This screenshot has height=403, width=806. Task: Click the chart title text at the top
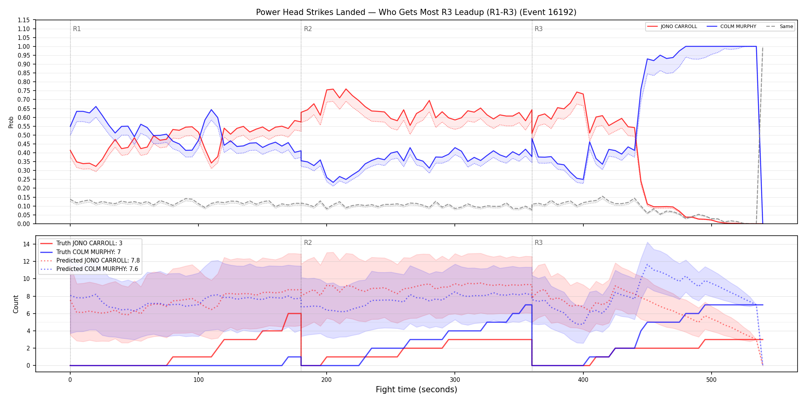pyautogui.click(x=416, y=12)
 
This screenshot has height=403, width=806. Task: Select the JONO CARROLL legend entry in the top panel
pyautogui.click(x=672, y=26)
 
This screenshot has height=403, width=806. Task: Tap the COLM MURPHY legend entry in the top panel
pyautogui.click(x=732, y=26)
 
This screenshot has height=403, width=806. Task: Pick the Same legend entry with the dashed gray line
pyautogui.click(x=780, y=26)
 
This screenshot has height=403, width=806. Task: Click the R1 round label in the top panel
pyautogui.click(x=77, y=29)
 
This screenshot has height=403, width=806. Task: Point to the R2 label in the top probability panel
pyautogui.click(x=308, y=29)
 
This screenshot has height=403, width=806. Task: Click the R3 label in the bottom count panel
pyautogui.click(x=538, y=243)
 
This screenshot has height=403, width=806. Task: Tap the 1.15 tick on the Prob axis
pyautogui.click(x=24, y=20)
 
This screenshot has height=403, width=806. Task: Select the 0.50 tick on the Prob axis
pyautogui.click(x=24, y=135)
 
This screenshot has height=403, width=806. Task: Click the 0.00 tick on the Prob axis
pyautogui.click(x=24, y=224)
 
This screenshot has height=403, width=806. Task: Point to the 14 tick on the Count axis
pyautogui.click(x=26, y=244)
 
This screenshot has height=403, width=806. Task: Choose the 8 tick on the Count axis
pyautogui.click(x=28, y=296)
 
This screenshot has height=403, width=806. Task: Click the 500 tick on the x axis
pyautogui.click(x=711, y=380)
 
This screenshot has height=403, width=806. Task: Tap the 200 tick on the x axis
pyautogui.click(x=327, y=380)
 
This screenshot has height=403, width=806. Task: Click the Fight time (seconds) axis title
pyautogui.click(x=416, y=390)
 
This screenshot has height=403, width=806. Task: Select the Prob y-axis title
pyautogui.click(x=11, y=122)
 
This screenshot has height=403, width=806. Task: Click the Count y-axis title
pyautogui.click(x=16, y=304)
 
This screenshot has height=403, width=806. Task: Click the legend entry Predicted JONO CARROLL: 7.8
pyautogui.click(x=90, y=261)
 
